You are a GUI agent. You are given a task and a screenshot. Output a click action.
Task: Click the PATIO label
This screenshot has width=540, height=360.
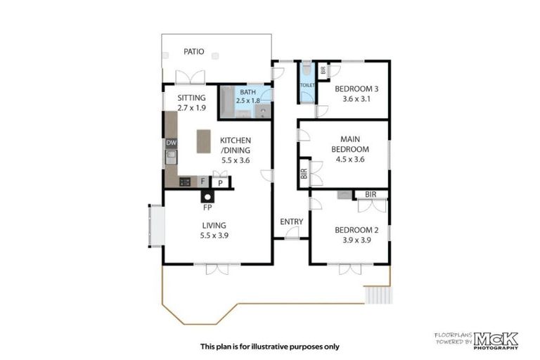(194, 51)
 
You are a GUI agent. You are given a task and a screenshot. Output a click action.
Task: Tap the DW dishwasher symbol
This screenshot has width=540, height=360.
(171, 143)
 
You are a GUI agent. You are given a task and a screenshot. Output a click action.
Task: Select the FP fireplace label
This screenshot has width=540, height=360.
(207, 208)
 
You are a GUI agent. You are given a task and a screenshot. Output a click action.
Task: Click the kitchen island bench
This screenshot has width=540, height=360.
(203, 141)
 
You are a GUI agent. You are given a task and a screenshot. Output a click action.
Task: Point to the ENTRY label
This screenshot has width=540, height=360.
(291, 221)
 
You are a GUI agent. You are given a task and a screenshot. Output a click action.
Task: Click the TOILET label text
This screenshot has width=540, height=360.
(307, 84)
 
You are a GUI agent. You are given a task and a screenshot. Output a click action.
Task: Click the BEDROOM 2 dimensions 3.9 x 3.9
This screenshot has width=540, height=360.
(352, 240)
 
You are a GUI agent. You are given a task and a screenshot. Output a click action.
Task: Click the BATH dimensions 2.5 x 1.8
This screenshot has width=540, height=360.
(247, 101)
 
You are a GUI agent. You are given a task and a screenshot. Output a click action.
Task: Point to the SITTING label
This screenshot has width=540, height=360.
(191, 98)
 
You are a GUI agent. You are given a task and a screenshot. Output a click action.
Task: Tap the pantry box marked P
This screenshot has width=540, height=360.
(220, 183)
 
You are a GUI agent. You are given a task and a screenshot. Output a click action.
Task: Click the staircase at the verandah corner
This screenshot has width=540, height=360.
(377, 295)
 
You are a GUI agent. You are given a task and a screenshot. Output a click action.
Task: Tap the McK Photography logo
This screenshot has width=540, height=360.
(496, 339)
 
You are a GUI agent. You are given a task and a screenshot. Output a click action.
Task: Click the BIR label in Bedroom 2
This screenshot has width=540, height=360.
(371, 194)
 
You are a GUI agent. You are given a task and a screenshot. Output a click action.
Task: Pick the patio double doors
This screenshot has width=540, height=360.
(191, 77)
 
